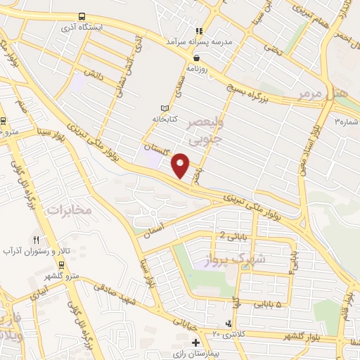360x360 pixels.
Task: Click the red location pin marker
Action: [x=181, y=165]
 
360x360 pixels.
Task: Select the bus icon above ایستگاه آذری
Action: [x=83, y=15]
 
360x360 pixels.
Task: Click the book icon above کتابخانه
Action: [x=165, y=108]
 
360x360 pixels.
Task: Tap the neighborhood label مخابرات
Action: [x=69, y=210]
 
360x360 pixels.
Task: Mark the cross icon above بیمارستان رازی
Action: [x=195, y=342]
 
